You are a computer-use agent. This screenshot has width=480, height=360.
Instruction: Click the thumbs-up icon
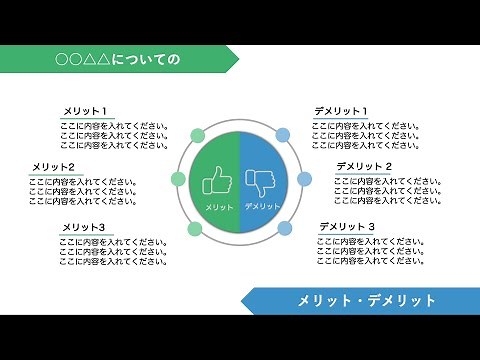(x=217, y=182)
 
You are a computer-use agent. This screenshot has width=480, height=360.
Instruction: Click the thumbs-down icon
(x=262, y=182)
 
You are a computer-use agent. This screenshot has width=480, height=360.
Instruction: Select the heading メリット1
(x=85, y=111)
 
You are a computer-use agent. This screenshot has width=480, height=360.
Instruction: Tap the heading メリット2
(x=54, y=166)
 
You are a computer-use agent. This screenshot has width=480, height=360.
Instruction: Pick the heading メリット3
(x=83, y=228)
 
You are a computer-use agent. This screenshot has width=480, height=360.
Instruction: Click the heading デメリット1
(x=341, y=111)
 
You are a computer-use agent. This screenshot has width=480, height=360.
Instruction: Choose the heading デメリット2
(x=363, y=166)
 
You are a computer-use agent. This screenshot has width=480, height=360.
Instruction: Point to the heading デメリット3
(x=347, y=228)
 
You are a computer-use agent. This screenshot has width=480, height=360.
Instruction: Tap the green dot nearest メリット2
(x=179, y=180)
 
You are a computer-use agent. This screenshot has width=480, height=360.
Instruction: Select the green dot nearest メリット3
(x=196, y=229)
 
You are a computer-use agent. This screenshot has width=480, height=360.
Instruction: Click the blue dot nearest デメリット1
(x=283, y=135)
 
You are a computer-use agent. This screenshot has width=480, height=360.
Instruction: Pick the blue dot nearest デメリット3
(x=284, y=229)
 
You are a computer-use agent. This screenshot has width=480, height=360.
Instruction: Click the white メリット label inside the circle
(x=219, y=206)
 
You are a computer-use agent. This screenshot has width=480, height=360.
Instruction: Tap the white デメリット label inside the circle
(x=261, y=206)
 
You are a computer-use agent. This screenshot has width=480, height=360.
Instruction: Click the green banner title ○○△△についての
(x=118, y=60)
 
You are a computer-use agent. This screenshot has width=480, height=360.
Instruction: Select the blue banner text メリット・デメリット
(x=367, y=300)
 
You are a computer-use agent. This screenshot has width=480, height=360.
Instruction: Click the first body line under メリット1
(x=113, y=126)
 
